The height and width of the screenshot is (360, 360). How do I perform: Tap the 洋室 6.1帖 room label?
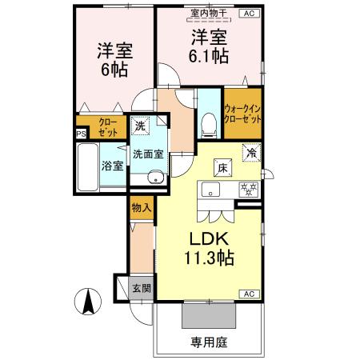pyautogui.click(x=210, y=47)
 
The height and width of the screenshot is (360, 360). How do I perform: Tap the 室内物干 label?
pyautogui.click(x=206, y=14)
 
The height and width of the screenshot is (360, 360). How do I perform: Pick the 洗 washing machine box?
pyautogui.click(x=141, y=125)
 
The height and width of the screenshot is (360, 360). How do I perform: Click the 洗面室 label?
pyautogui.click(x=148, y=154)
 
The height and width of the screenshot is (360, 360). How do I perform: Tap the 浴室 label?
pyautogui.click(x=113, y=166)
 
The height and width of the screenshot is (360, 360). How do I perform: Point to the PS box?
pyautogui.click(x=80, y=134)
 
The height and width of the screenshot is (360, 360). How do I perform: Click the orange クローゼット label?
pyautogui.click(x=107, y=127)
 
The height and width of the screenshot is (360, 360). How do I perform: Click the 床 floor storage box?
pyautogui.click(x=222, y=167)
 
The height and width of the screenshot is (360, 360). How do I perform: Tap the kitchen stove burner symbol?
pyautogui.click(x=249, y=190)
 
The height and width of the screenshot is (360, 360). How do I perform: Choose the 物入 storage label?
pyautogui.click(x=141, y=207)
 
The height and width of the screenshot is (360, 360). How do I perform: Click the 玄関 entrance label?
pyautogui.click(x=141, y=288)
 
